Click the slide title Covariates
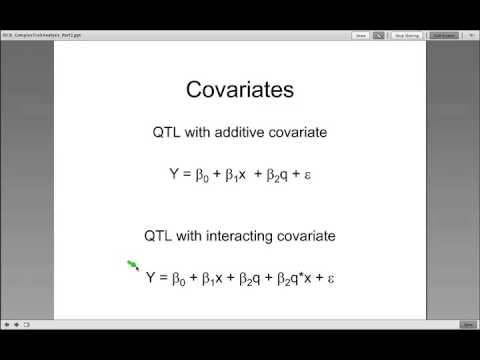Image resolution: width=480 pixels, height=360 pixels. click(x=240, y=90)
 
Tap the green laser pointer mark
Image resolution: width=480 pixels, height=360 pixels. click(x=133, y=265)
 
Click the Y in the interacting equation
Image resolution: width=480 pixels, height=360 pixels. click(x=151, y=277)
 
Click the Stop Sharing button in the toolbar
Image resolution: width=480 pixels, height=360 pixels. click(x=406, y=35)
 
